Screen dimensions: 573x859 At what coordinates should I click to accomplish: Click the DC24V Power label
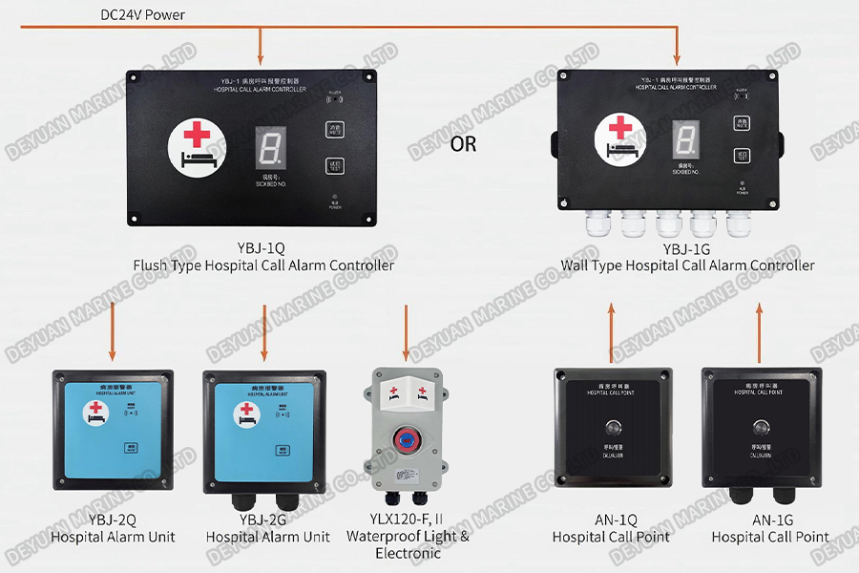[x=143, y=15]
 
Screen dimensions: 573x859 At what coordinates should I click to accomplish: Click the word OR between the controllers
[x=463, y=145]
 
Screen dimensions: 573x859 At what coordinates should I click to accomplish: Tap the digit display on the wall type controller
[x=683, y=141]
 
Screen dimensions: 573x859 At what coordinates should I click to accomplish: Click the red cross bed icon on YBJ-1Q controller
[x=195, y=147]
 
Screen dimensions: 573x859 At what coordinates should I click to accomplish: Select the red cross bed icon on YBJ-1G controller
[x=621, y=137]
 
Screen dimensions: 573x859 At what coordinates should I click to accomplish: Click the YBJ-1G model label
[x=687, y=248]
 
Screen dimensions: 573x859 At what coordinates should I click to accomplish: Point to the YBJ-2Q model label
[x=113, y=520]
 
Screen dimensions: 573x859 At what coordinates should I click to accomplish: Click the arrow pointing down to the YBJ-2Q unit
[x=113, y=330]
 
